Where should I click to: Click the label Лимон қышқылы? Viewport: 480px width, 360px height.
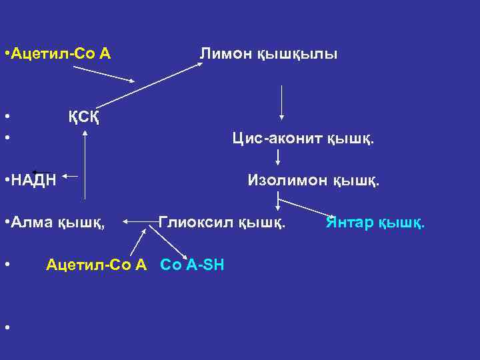point(269,53)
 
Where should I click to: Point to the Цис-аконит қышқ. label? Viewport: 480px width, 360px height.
point(303,139)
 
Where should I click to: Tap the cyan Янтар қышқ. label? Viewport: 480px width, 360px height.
point(375,221)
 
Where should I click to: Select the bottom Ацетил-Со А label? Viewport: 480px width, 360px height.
point(96,265)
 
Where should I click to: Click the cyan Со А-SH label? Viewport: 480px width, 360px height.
point(193,265)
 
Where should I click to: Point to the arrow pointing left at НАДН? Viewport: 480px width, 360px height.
point(71,177)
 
